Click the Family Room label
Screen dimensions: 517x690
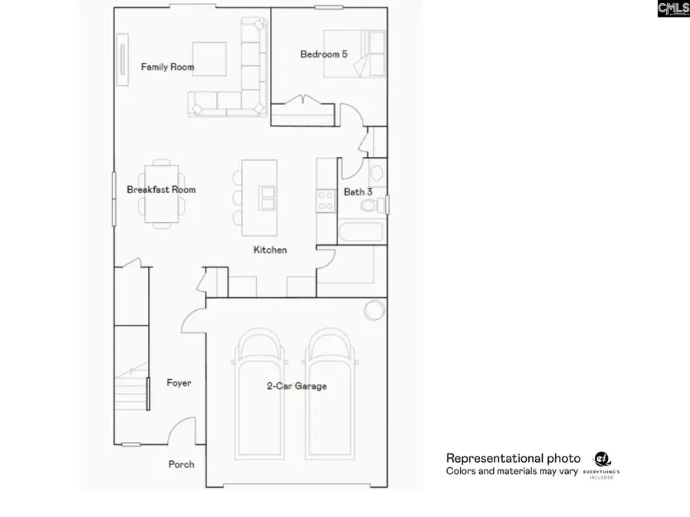(x=167, y=67)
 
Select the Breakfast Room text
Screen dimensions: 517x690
(x=161, y=190)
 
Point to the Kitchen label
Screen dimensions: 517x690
(x=271, y=250)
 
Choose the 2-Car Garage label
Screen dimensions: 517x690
(x=296, y=386)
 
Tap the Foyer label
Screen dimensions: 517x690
(x=179, y=383)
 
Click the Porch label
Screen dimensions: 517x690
(x=182, y=464)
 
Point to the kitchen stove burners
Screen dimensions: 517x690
(x=326, y=201)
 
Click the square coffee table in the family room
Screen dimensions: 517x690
(x=209, y=59)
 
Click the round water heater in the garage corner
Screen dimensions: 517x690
(x=374, y=309)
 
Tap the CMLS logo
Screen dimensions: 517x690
(x=672, y=9)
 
